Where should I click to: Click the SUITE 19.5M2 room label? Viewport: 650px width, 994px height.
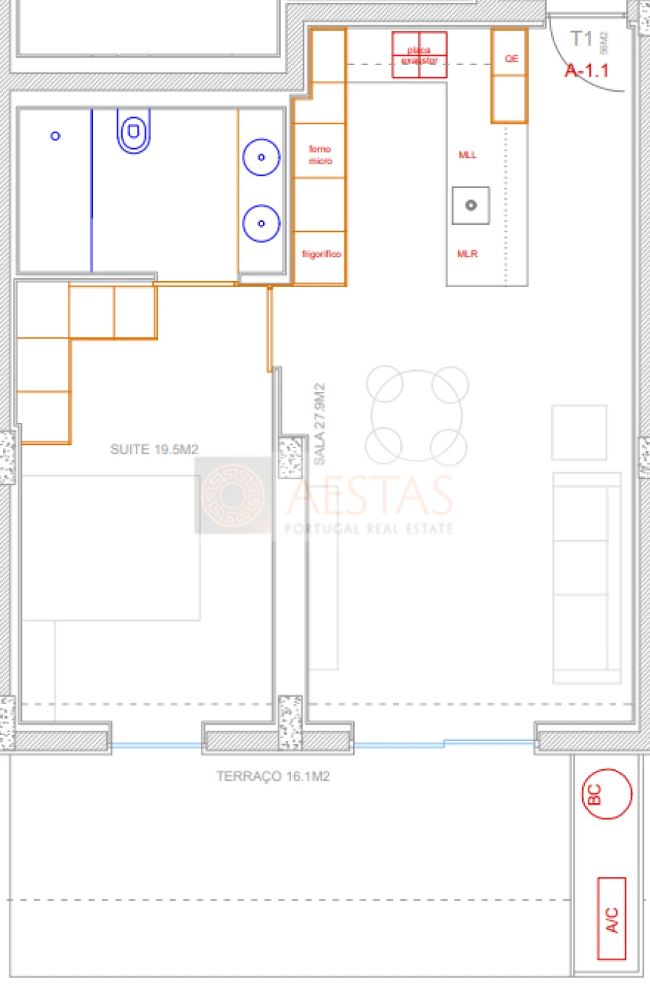tap(154, 449)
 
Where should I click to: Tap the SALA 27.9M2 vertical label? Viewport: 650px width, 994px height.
tap(319, 424)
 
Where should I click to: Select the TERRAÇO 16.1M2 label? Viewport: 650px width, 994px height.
tap(273, 776)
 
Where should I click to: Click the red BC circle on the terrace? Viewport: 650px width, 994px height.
tap(607, 794)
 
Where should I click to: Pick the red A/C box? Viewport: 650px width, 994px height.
tap(612, 919)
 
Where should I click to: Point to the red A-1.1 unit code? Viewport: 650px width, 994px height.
tap(586, 71)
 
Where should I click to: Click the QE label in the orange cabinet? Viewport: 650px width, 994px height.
tap(511, 59)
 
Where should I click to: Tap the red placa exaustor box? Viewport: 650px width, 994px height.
tap(419, 55)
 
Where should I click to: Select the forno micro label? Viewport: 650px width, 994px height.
tap(320, 155)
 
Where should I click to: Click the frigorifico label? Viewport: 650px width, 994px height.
tap(321, 254)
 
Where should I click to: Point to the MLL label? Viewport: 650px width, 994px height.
tap(467, 155)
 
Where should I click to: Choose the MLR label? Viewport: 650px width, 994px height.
tap(467, 254)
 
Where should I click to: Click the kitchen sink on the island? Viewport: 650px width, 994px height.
tap(471, 205)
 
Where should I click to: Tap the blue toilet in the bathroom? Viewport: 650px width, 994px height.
tap(134, 132)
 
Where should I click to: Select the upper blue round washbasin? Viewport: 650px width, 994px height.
tap(261, 157)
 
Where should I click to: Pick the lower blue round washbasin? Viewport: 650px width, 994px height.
tap(261, 223)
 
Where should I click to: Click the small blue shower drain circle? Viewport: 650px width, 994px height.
tap(56, 136)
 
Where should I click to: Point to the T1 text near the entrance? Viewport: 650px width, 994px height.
tap(581, 38)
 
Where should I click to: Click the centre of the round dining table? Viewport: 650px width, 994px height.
tap(417, 416)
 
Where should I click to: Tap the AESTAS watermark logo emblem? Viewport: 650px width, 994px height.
tap(233, 495)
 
